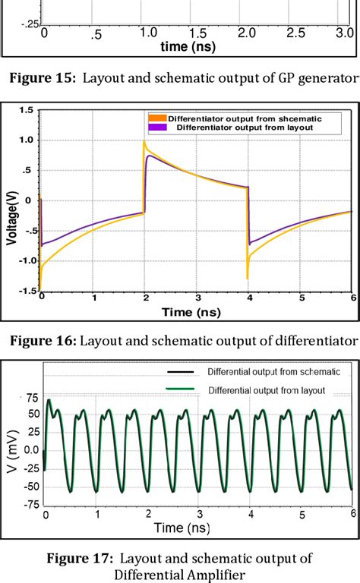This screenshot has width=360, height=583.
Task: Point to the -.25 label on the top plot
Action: tap(30, 24)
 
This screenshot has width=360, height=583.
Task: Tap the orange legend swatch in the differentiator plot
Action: tap(156, 118)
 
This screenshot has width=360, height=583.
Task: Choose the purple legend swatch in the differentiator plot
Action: tap(156, 127)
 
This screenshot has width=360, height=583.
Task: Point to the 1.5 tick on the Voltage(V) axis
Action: tap(27, 110)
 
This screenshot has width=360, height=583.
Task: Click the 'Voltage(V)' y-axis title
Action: tap(12, 216)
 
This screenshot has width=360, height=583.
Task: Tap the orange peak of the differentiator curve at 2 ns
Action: tap(144, 142)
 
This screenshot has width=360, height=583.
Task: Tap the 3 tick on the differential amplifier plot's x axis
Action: tap(198, 513)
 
